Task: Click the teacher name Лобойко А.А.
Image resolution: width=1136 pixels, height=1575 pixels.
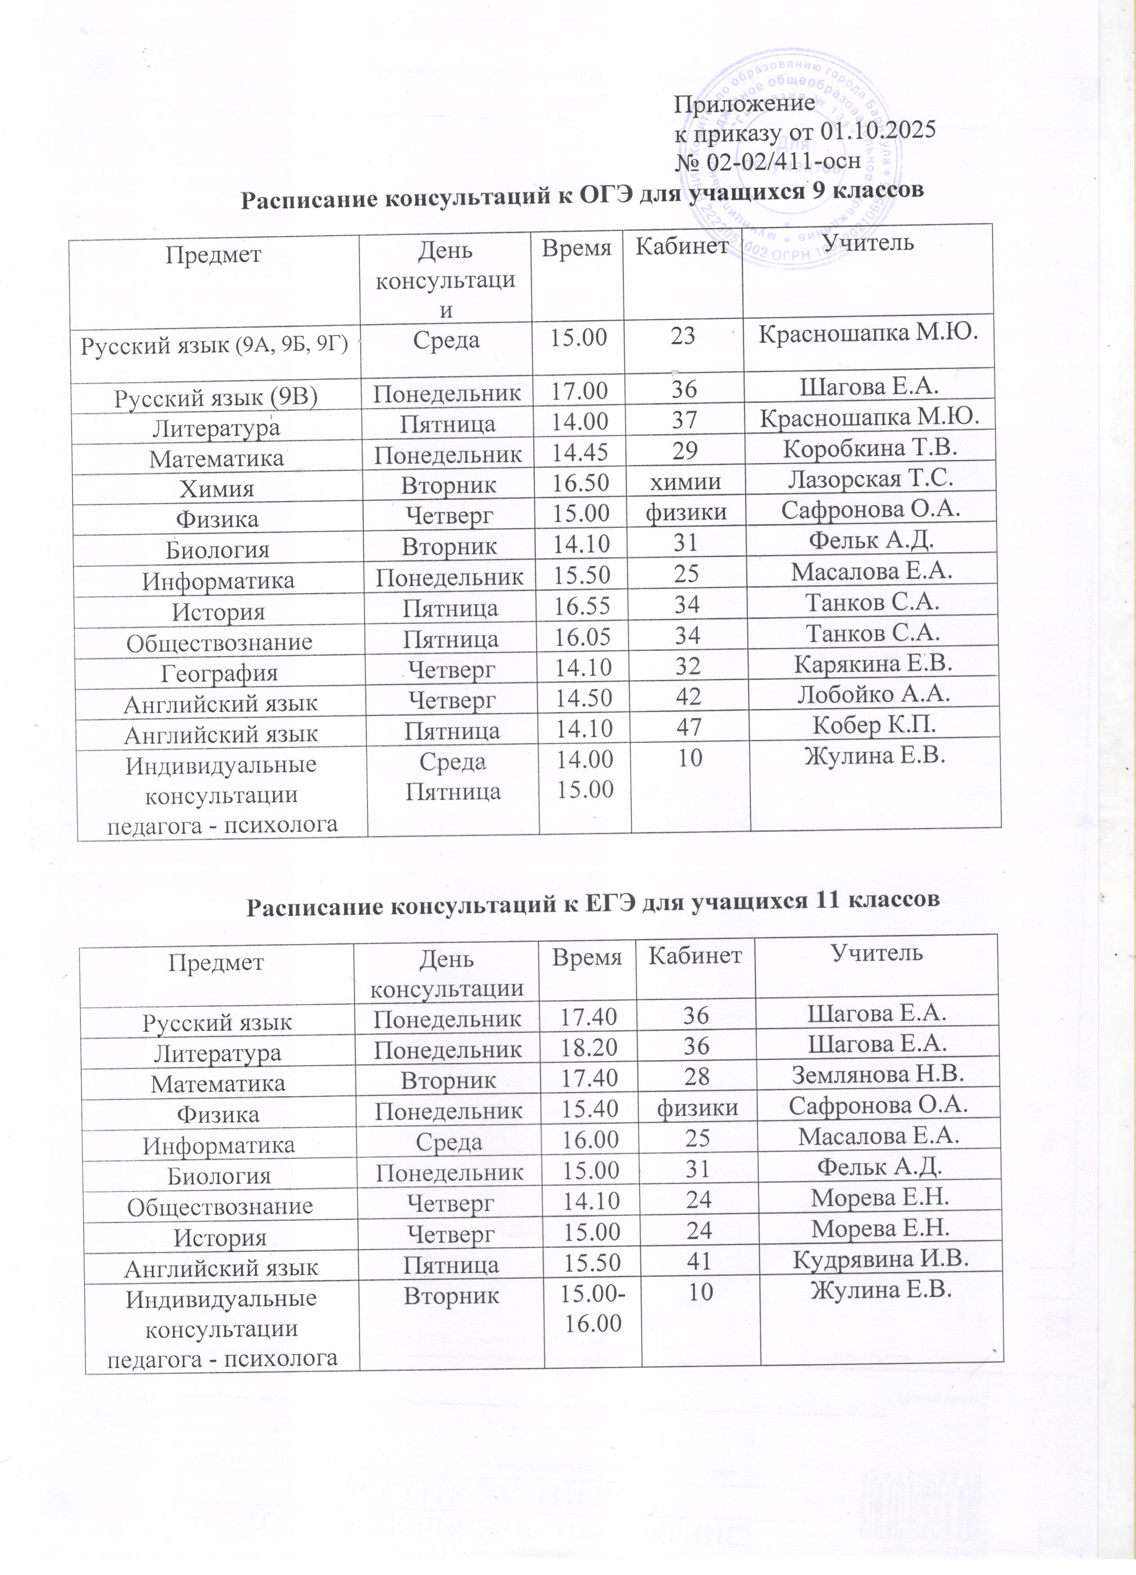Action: point(874,694)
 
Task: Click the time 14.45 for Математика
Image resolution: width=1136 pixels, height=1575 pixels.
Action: point(580,451)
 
